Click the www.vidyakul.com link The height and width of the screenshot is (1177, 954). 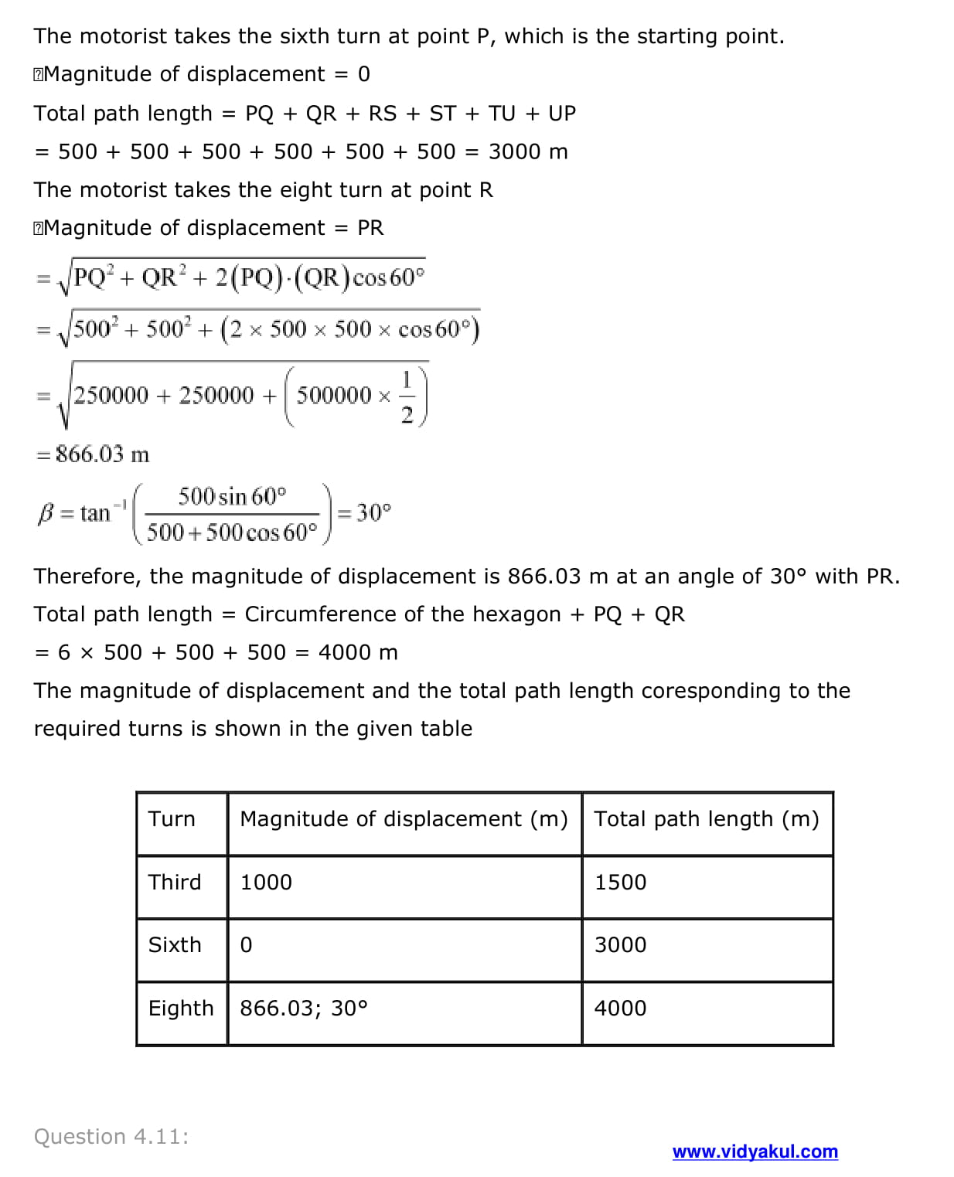pos(755,1151)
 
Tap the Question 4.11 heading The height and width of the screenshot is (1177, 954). pos(111,1136)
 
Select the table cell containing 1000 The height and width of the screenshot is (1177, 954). pos(266,883)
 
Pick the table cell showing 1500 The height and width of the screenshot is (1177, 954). pos(620,883)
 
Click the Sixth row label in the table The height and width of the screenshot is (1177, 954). pos(175,945)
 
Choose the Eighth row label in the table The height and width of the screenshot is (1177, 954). pos(181,1009)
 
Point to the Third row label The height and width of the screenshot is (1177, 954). pos(175,883)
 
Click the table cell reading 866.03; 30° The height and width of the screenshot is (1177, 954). pos(304,1009)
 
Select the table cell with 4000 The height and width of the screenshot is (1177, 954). pos(620,1009)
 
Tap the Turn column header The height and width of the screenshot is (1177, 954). pos(172,819)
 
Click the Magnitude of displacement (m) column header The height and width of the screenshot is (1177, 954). pos(404,819)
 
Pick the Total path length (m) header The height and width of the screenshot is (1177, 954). pos(707,819)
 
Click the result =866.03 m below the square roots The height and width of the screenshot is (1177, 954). pos(94,454)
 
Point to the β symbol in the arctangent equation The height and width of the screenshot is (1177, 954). pos(45,513)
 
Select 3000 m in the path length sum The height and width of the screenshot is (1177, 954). pos(528,151)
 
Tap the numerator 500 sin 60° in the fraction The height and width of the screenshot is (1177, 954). pos(232,496)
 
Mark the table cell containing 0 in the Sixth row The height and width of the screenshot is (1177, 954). pos(246,945)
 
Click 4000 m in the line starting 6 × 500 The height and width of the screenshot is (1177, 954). pos(358,653)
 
